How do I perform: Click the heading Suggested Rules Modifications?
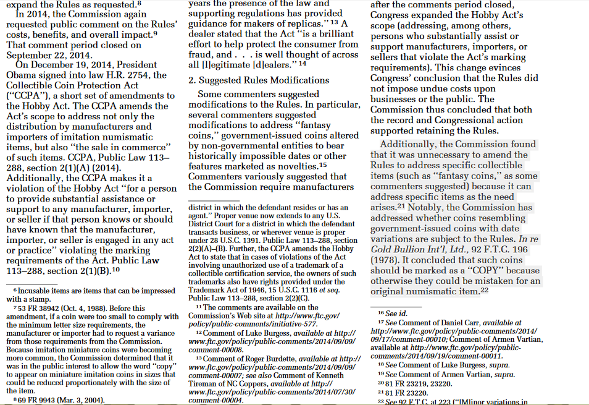point(264,80)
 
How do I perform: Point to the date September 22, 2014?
point(49,54)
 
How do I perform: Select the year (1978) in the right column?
point(385,259)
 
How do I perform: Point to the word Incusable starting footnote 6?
point(37,291)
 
